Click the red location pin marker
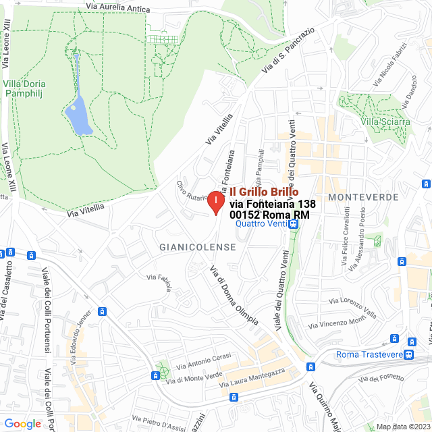click(215, 202)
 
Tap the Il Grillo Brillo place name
click(264, 192)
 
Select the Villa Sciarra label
click(385, 122)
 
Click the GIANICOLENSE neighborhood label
click(198, 247)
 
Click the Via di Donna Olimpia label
click(234, 296)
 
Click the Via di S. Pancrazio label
click(289, 51)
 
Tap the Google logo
click(22, 423)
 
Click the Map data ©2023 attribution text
click(403, 427)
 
